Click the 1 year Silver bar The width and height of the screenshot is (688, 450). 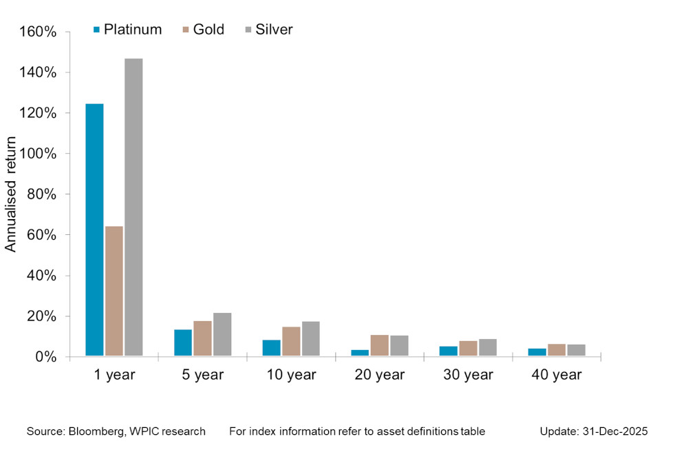(x=133, y=207)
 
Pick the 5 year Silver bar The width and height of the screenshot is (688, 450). (x=222, y=335)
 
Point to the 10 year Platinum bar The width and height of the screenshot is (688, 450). (x=271, y=348)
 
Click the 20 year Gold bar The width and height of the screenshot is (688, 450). (x=379, y=345)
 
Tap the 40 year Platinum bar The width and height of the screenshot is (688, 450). (x=537, y=352)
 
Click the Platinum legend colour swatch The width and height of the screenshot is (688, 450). (x=97, y=30)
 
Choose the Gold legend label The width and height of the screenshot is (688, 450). (x=208, y=30)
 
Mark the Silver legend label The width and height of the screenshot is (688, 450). (x=273, y=30)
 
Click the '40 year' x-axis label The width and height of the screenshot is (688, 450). (x=557, y=376)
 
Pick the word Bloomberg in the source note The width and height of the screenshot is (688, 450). (x=98, y=431)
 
